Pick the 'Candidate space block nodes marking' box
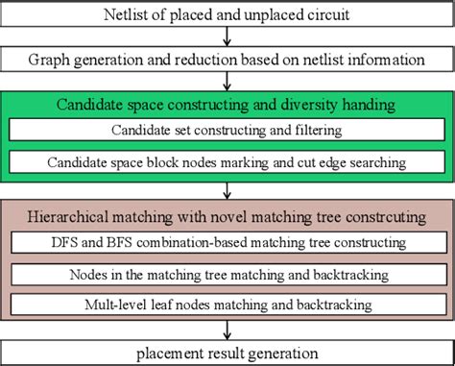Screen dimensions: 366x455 pyautogui.click(x=227, y=164)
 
